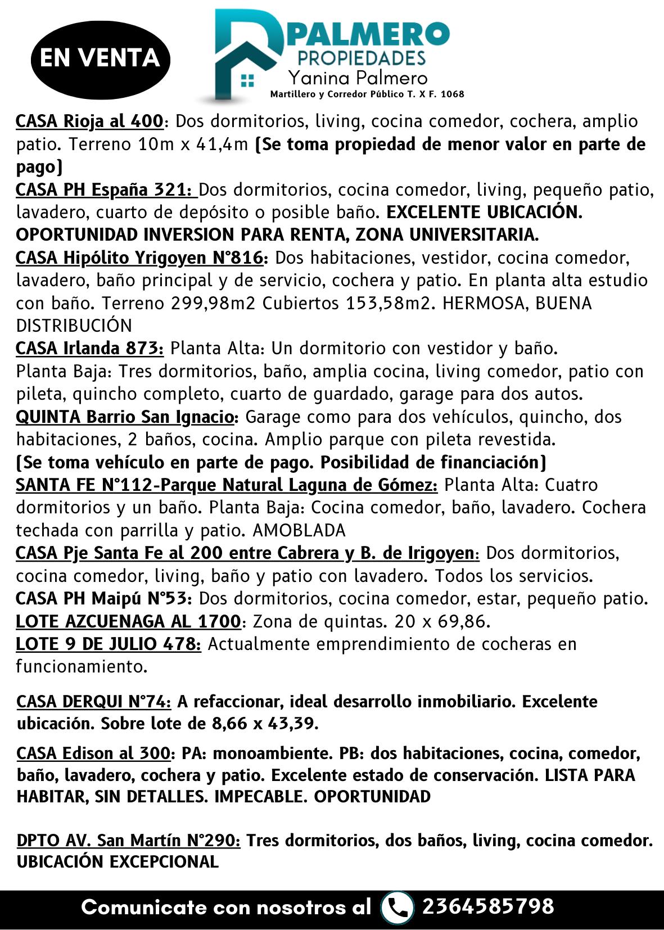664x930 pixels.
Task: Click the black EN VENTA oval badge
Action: pyautogui.click(x=100, y=57)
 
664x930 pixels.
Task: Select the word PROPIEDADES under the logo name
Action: pyautogui.click(x=361, y=57)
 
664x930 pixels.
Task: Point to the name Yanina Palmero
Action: pyautogui.click(x=358, y=78)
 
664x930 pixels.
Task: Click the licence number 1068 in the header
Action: pyautogui.click(x=453, y=94)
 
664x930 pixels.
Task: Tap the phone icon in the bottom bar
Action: pyautogui.click(x=397, y=907)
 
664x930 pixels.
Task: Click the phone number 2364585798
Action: pyautogui.click(x=488, y=906)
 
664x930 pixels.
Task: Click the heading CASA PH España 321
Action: pyautogui.click(x=106, y=189)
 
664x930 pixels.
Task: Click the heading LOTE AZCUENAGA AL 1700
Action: pyautogui.click(x=129, y=621)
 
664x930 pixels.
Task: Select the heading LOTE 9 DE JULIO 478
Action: pyautogui.click(x=109, y=644)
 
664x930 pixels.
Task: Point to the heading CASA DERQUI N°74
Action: pyautogui.click(x=94, y=702)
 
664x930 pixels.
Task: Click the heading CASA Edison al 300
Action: pyautogui.click(x=93, y=753)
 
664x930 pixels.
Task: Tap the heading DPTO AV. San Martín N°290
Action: pyautogui.click(x=129, y=840)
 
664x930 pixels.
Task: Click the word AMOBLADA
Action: pyautogui.click(x=299, y=530)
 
